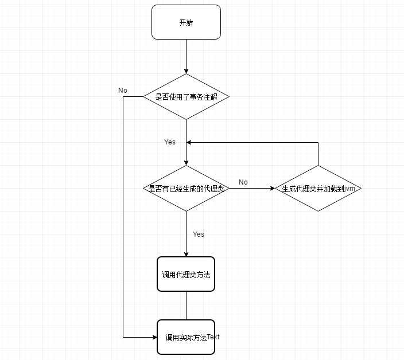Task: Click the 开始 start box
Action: [x=186, y=22]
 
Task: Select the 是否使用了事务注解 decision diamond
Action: [x=186, y=96]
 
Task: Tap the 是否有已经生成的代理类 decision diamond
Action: [x=186, y=188]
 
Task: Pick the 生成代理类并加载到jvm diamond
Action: [x=318, y=188]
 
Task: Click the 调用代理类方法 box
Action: [x=186, y=274]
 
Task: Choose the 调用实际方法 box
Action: [x=186, y=337]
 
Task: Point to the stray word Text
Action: [x=213, y=336]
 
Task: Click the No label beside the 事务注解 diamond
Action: [x=123, y=91]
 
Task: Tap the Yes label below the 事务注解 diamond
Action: [x=170, y=142]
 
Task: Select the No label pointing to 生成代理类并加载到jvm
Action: [x=243, y=182]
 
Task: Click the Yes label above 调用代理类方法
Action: [x=199, y=234]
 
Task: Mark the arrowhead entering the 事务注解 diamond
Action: [x=186, y=71]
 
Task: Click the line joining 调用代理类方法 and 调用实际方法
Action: [x=186, y=306]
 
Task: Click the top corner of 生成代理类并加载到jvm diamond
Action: [x=318, y=166]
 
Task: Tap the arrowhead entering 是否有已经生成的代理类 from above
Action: [x=186, y=162]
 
